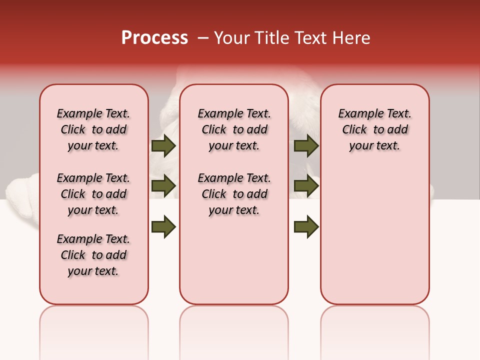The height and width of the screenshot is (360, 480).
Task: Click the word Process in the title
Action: click(x=154, y=38)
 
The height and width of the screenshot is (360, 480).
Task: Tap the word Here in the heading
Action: click(x=353, y=38)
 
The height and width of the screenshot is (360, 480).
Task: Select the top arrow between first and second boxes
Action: click(x=163, y=145)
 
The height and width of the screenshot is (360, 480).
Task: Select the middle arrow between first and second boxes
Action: click(x=163, y=185)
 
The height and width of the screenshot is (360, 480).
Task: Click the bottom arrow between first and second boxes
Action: click(x=163, y=226)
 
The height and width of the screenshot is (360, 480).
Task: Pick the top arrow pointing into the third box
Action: click(x=306, y=145)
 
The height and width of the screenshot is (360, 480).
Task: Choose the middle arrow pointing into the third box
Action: click(x=306, y=185)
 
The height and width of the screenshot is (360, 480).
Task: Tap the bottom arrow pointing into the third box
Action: click(x=306, y=226)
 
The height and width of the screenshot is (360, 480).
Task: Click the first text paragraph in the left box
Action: click(x=93, y=129)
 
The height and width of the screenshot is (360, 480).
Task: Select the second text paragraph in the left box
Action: click(x=93, y=194)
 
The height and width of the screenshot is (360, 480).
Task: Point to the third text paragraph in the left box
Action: click(x=93, y=255)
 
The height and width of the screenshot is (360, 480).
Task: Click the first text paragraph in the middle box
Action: click(x=234, y=129)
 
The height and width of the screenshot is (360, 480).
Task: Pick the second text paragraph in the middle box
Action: click(x=234, y=194)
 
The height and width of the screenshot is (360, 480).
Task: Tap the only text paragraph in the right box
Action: click(x=374, y=129)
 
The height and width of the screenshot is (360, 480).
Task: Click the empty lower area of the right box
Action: click(x=374, y=240)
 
